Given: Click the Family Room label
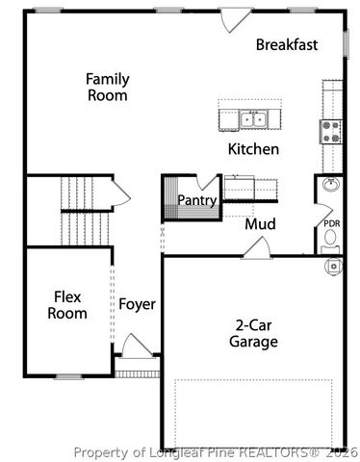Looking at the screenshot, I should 107,87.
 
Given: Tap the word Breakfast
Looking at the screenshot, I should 288,44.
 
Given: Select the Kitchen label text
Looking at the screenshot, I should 253,149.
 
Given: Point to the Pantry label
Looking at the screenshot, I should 196,200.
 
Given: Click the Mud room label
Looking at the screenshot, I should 260,224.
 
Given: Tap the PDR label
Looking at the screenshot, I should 331,223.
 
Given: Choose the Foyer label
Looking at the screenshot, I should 137,305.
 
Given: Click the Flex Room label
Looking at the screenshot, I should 69,305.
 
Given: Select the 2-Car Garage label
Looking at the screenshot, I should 254,333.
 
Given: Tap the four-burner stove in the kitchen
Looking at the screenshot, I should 331,131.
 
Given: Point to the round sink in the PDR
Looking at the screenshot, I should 330,185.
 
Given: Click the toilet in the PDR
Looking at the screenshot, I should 332,263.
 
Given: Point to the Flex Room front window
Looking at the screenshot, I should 67,375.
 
